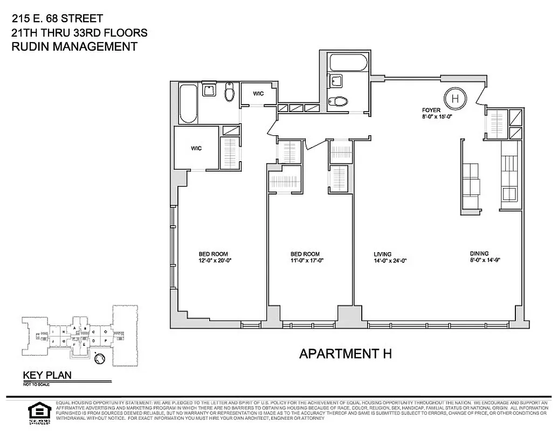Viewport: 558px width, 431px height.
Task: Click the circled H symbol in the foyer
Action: point(456,99)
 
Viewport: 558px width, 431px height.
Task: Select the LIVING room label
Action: point(382,254)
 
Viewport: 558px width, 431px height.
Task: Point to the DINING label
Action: point(479,254)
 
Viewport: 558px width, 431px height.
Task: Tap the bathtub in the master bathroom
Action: point(189,103)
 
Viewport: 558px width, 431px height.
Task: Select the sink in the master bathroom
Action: point(209,89)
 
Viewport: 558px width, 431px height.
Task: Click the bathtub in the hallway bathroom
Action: point(349,62)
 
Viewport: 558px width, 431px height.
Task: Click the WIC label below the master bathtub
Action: point(196,148)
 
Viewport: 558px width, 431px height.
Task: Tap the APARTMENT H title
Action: point(345,354)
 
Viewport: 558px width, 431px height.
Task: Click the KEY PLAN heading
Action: point(46,376)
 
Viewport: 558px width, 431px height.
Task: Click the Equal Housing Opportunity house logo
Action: point(37,411)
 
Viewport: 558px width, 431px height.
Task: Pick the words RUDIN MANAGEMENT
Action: point(74,47)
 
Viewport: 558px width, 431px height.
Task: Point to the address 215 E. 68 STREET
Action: point(57,19)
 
